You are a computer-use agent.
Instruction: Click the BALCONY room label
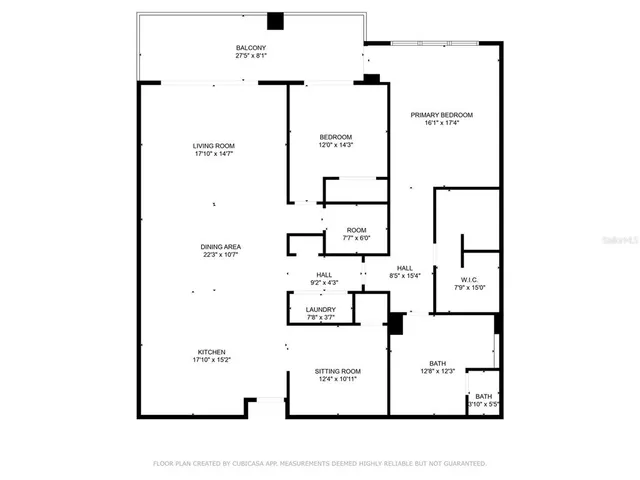tap(251, 48)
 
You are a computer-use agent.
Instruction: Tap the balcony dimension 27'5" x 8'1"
tap(251, 56)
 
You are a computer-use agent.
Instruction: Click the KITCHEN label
tap(212, 352)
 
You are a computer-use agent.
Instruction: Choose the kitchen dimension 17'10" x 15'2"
tap(212, 360)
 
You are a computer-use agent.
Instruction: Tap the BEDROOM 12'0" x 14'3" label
tap(336, 137)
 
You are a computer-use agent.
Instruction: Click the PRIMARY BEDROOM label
tap(441, 115)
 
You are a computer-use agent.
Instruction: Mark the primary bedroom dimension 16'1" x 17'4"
tap(441, 123)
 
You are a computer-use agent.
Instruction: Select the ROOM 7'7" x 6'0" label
tap(357, 231)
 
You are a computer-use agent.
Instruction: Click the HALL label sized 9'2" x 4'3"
tap(324, 275)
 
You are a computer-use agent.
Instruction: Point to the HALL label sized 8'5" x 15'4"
tap(405, 267)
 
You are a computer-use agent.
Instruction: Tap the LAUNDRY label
tap(321, 310)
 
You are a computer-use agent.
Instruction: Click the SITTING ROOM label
tap(336, 371)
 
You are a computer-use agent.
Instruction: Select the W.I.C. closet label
tap(470, 279)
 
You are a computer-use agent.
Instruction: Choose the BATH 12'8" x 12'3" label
tap(437, 363)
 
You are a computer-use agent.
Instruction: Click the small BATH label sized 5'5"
tap(484, 397)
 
